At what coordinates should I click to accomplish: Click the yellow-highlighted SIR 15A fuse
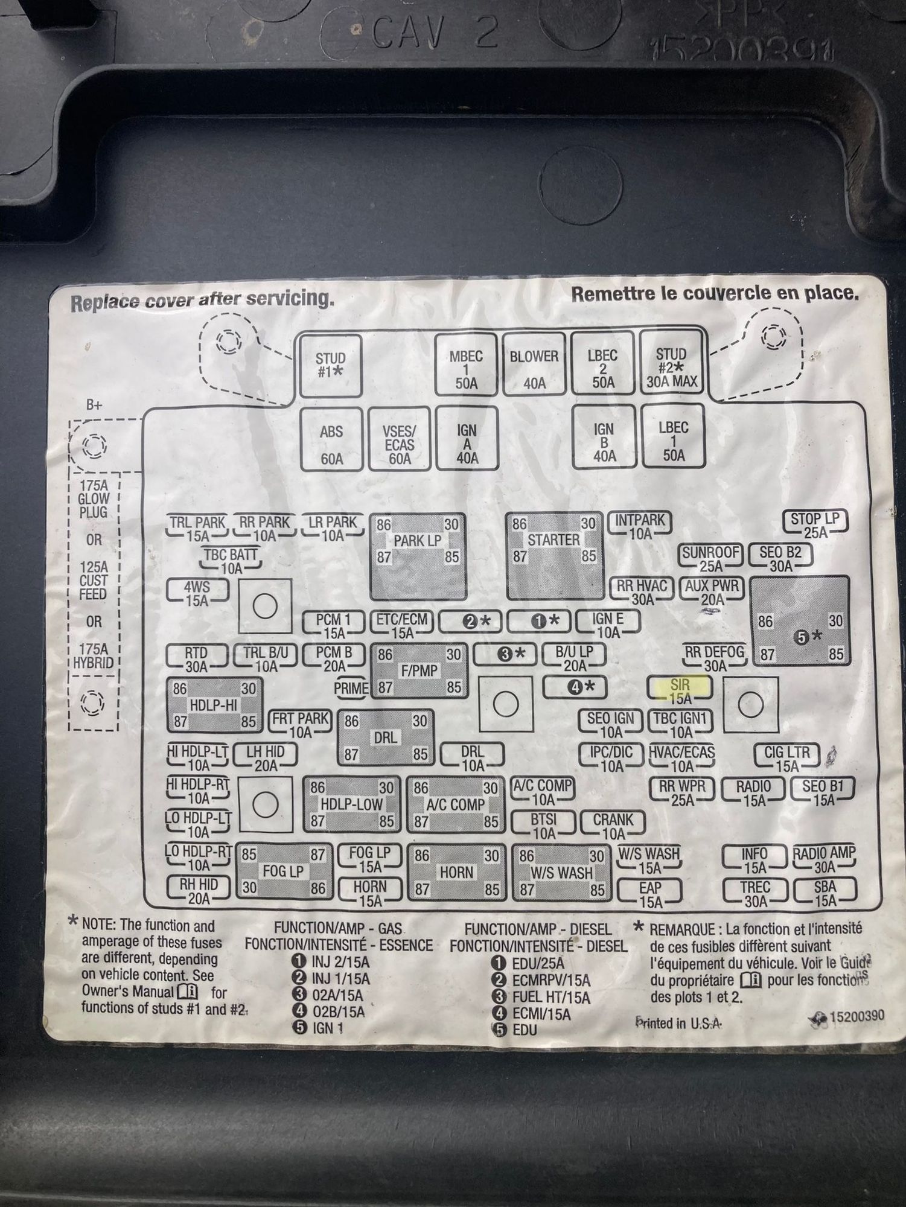coord(680,690)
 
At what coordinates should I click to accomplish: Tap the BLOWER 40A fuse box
coord(534,365)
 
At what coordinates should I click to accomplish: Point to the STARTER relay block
coord(555,555)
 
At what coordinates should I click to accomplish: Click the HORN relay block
coord(457,872)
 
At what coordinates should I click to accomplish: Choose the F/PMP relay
coord(420,670)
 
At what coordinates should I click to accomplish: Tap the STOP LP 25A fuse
coord(815,524)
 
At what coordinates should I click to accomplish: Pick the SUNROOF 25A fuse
coord(711,558)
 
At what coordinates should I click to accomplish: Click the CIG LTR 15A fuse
coord(787,759)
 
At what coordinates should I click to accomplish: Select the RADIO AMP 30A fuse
coord(824,859)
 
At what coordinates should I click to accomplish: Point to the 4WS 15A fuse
coord(197,593)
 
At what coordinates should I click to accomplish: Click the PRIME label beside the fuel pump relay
coord(351,688)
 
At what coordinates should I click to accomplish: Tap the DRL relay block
coord(386,737)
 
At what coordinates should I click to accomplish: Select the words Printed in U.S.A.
coord(678,1023)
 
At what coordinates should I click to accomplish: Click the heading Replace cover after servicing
coord(202,301)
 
